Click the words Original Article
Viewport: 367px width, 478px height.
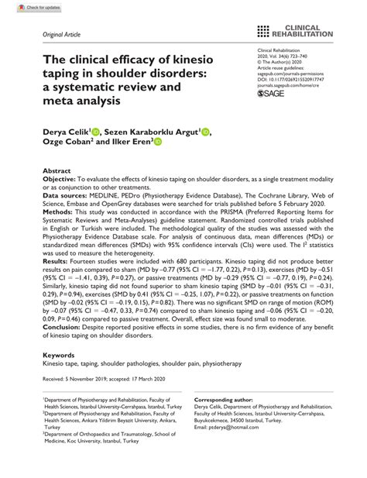52,36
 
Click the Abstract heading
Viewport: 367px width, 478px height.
57,170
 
